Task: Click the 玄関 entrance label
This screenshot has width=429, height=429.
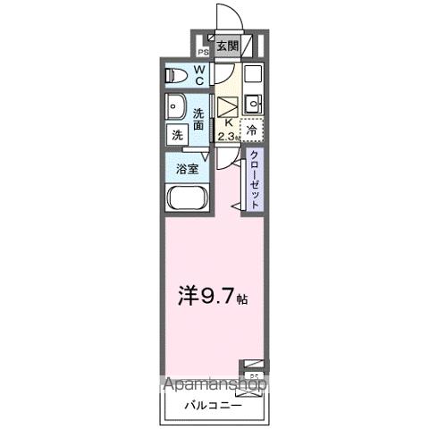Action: click(x=227, y=46)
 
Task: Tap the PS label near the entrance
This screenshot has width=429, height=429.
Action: click(x=202, y=52)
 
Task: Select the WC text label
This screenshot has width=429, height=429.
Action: click(x=198, y=75)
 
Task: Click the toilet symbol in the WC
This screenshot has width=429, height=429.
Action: click(x=176, y=75)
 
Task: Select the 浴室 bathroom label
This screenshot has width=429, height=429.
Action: click(x=186, y=167)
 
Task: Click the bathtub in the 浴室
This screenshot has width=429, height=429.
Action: click(x=186, y=200)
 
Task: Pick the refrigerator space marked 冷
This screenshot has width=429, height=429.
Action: click(x=252, y=130)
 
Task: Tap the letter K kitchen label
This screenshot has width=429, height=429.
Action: click(x=229, y=123)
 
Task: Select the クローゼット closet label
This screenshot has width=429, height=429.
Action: click(x=255, y=179)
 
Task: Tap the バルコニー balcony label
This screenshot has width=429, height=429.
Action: click(x=213, y=406)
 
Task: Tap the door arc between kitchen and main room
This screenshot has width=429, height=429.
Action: click(x=230, y=167)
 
